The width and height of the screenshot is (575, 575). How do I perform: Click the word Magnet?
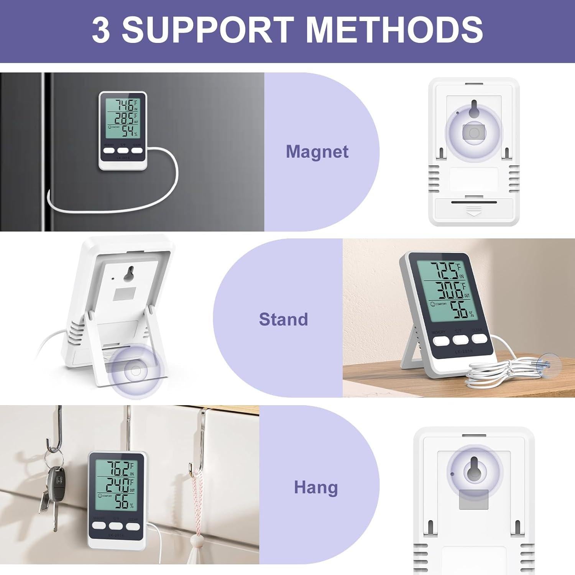tap(317, 151)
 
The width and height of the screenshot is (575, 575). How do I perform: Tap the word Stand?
tap(283, 319)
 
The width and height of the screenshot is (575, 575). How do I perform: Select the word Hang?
tap(316, 488)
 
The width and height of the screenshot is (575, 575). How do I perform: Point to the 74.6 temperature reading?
tap(125, 105)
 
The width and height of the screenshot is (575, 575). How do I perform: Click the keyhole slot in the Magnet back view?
tap(474, 107)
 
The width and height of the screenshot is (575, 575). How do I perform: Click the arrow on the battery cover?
tap(474, 210)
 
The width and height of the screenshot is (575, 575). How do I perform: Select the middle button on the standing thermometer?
tap(460, 340)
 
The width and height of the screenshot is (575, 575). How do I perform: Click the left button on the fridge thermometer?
tap(108, 150)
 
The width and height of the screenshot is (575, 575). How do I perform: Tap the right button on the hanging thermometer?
tap(133, 526)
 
